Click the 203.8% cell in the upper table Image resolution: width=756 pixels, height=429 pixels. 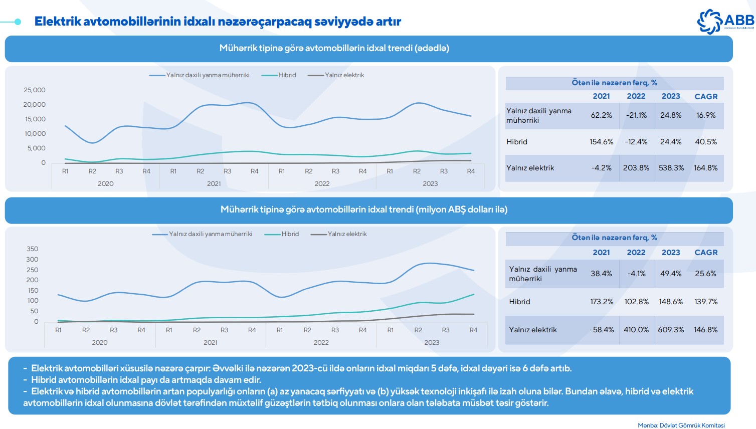tap(636, 168)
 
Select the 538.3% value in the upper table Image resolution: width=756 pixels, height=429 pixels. tap(671, 168)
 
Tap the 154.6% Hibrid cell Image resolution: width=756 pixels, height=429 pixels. tap(601, 142)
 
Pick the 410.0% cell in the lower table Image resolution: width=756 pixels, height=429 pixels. tap(636, 330)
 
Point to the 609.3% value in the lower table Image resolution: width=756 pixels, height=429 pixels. tap(671, 330)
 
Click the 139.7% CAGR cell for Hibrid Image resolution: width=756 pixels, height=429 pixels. tap(706, 302)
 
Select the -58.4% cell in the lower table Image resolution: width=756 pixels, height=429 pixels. tap(602, 330)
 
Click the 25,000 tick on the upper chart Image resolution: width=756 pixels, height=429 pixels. tap(35, 90)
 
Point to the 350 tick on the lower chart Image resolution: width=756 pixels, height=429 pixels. tap(33, 249)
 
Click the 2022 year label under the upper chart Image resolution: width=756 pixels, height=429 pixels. tap(322, 184)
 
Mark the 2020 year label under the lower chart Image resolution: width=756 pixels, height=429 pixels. tap(100, 343)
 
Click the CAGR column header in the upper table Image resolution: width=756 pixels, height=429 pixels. tap(706, 96)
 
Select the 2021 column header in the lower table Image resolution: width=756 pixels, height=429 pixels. tap(601, 253)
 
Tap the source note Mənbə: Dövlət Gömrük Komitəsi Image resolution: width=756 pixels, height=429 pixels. tap(681, 425)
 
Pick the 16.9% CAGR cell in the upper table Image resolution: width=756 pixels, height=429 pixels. tap(706, 115)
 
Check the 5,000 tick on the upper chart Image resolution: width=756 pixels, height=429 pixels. tap(36, 148)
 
